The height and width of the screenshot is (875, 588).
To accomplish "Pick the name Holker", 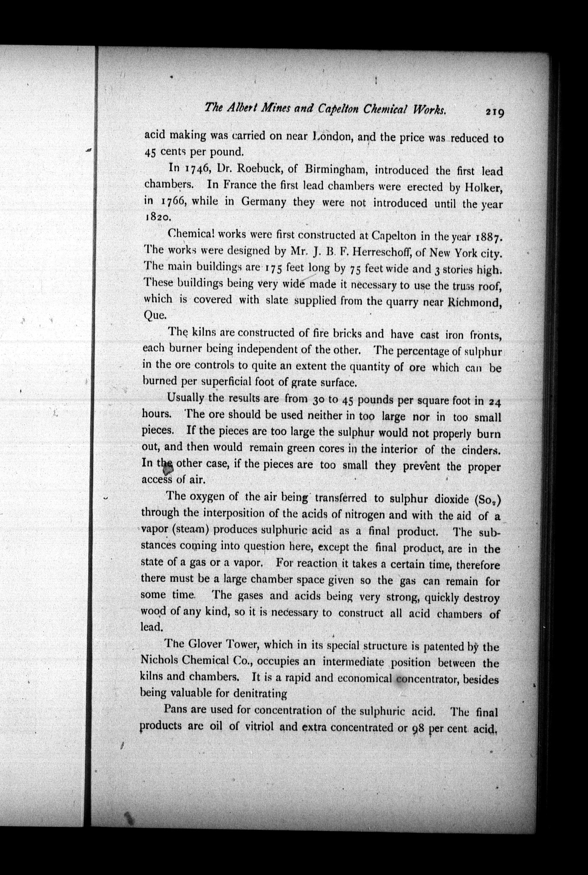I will (x=483, y=188).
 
